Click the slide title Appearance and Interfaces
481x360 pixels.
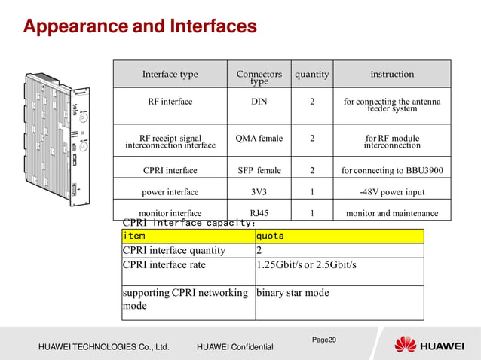point(140,27)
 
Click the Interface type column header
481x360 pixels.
point(170,75)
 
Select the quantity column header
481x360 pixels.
point(312,75)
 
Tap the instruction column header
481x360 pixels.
point(392,75)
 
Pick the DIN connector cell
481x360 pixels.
point(259,102)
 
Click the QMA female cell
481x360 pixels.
point(259,139)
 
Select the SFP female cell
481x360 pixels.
point(259,171)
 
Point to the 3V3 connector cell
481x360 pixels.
point(259,192)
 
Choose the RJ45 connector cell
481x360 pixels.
point(259,213)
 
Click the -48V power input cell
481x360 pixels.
point(392,192)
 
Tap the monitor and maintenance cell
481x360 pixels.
point(392,213)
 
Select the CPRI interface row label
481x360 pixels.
point(170,171)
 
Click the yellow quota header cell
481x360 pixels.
point(339,236)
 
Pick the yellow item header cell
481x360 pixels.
point(188,236)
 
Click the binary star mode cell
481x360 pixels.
point(293,293)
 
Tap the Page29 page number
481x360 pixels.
point(324,340)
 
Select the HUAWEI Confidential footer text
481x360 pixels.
point(234,346)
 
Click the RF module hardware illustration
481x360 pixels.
point(57,139)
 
